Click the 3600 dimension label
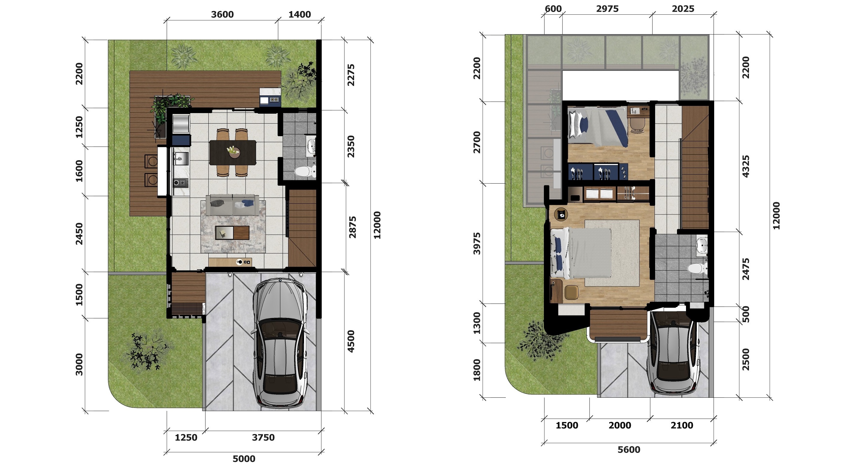point(222,14)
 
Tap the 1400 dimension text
point(300,14)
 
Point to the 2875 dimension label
point(352,227)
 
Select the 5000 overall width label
point(244,459)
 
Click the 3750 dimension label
point(263,437)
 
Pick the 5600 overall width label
point(629,450)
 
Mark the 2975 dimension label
point(607,9)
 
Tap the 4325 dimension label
point(746,166)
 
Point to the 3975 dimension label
point(477,244)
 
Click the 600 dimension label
point(553,9)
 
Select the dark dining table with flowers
point(233,153)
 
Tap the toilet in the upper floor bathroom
point(697,268)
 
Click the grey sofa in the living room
point(232,205)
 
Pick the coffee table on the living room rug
point(232,233)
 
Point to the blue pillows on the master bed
point(558,253)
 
